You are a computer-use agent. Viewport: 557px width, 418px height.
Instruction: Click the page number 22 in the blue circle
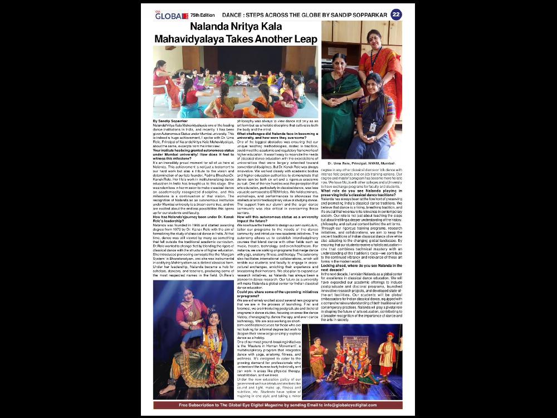tap(396, 14)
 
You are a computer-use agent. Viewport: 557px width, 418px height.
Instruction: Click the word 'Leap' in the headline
tap(304, 39)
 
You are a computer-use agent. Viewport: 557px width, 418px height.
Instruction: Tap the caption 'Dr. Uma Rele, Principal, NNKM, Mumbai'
tap(361, 163)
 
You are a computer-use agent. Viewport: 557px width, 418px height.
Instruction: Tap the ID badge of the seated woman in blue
tap(373, 127)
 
